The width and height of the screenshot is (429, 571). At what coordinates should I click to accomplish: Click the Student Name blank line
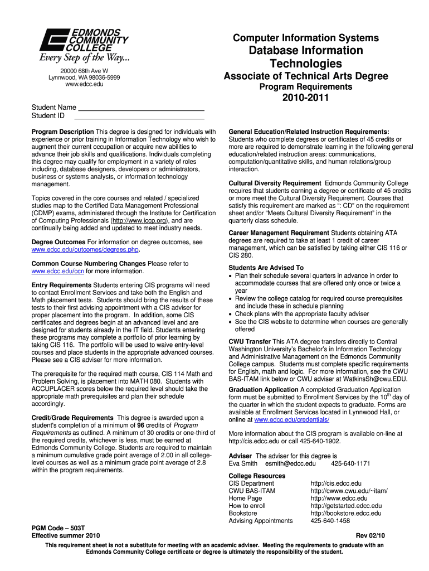(x=141, y=107)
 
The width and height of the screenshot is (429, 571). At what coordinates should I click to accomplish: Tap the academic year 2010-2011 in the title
(x=305, y=98)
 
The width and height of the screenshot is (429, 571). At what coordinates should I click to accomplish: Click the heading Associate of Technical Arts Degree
(x=305, y=76)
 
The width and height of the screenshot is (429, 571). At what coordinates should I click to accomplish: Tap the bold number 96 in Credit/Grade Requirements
(x=141, y=425)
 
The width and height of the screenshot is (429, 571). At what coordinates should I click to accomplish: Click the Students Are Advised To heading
(x=266, y=268)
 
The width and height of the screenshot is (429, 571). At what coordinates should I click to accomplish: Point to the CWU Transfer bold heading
(x=250, y=342)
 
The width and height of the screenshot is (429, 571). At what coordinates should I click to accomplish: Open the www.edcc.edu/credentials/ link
(x=291, y=419)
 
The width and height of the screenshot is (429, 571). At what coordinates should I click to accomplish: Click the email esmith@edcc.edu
(x=290, y=463)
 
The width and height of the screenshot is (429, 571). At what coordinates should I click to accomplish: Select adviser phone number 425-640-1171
(x=350, y=463)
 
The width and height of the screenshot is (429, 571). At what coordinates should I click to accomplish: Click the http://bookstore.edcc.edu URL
(x=346, y=513)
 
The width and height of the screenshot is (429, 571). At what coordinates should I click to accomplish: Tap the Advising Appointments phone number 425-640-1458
(x=330, y=521)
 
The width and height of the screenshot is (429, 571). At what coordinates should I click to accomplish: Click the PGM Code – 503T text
(x=57, y=528)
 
